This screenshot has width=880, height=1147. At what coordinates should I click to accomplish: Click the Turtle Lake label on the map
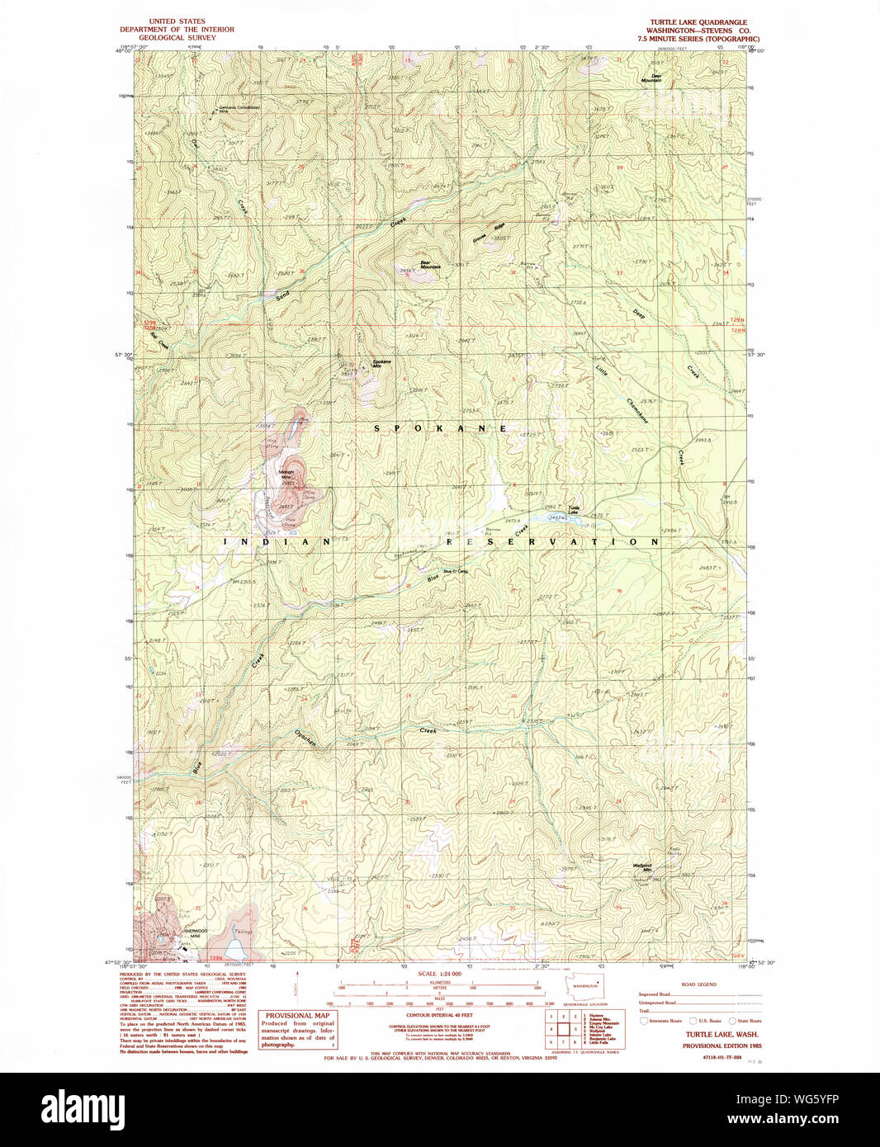[x=573, y=510]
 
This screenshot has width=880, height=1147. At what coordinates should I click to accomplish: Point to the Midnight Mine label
[x=286, y=474]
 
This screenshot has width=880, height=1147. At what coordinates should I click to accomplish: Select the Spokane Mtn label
[x=381, y=362]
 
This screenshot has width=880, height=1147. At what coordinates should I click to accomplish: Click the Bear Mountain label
[x=430, y=265]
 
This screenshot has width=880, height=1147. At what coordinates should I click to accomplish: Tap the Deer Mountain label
[x=656, y=78]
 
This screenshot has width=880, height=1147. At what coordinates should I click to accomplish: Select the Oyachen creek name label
[x=305, y=738]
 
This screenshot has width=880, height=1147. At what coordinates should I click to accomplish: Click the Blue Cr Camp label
[x=456, y=571]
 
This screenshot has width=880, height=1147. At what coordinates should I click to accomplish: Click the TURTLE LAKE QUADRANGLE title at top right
[x=698, y=22]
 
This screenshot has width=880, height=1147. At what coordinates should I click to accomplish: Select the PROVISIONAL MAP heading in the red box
[x=297, y=1016]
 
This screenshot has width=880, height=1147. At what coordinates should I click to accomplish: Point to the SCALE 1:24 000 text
[x=439, y=974]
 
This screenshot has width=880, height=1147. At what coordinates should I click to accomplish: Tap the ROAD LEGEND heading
[x=698, y=984]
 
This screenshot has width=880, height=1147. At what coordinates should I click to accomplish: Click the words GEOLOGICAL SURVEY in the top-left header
[x=177, y=38]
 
